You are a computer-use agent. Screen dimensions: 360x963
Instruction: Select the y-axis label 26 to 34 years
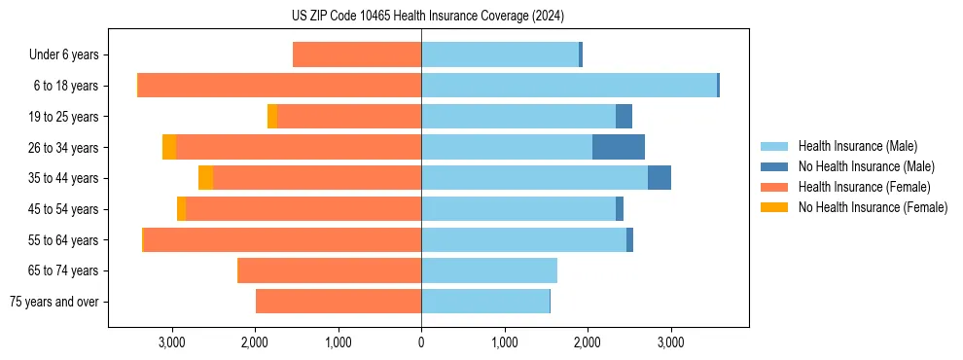point(63,148)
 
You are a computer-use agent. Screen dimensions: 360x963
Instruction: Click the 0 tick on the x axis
point(421,342)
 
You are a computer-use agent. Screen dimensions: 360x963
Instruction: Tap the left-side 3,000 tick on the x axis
point(172,342)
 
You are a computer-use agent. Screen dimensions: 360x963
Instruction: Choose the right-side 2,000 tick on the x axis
point(588,342)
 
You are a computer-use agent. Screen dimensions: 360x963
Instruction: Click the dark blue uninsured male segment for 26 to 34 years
point(619,147)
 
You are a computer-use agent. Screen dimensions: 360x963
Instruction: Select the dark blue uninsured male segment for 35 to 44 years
point(660,178)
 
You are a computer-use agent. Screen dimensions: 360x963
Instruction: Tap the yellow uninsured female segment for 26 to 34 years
point(169,147)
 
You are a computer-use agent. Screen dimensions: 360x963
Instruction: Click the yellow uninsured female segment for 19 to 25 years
point(272,117)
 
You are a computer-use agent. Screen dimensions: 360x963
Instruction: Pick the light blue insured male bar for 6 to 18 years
point(569,86)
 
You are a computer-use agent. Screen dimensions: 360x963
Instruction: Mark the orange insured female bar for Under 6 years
point(357,55)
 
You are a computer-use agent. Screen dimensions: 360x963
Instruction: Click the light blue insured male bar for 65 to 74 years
point(489,270)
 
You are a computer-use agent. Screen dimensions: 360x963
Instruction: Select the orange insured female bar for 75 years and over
point(339,302)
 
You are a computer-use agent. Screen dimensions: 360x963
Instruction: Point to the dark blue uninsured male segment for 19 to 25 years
point(624,117)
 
